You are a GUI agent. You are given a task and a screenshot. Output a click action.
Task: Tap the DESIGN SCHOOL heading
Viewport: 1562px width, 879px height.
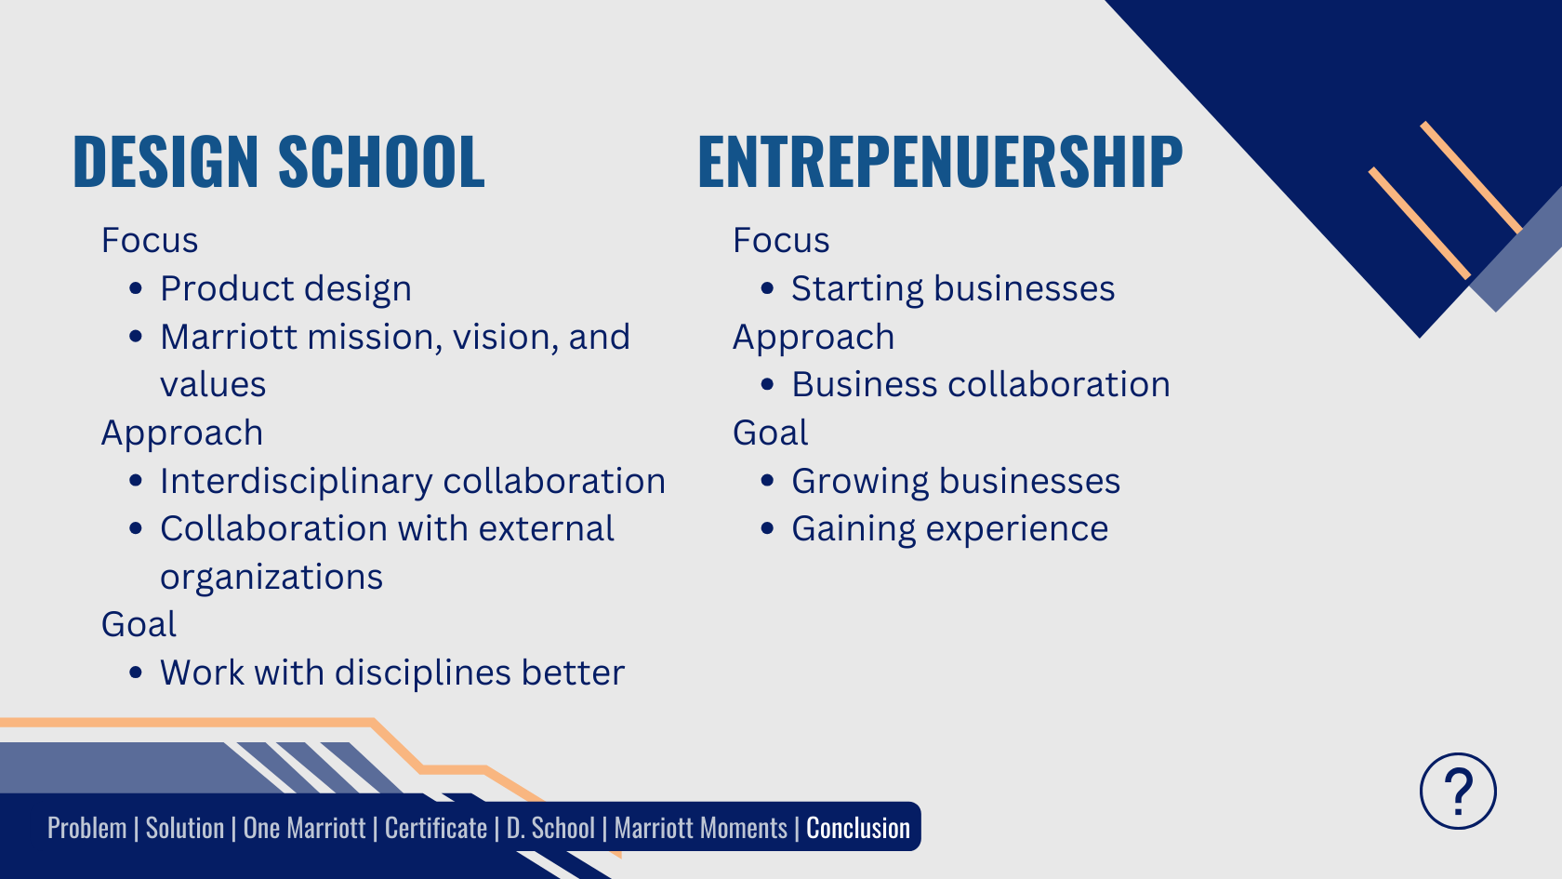[x=279, y=161]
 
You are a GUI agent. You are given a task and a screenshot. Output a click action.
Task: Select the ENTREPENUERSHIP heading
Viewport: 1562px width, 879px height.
[x=940, y=161]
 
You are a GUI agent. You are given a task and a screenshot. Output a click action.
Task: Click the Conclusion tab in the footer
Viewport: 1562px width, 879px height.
[x=858, y=828]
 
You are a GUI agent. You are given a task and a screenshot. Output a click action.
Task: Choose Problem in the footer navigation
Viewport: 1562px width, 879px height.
[x=87, y=828]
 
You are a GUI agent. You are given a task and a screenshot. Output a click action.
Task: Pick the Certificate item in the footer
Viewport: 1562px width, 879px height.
[x=436, y=828]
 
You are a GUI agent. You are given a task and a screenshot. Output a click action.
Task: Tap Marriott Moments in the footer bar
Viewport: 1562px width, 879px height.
[x=701, y=828]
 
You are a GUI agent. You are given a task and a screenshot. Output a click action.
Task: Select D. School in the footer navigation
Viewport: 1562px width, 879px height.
[x=550, y=828]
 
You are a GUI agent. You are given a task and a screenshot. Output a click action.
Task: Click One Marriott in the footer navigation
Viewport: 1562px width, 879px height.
[x=304, y=828]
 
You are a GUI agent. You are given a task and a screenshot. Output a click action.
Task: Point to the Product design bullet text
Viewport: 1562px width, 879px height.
[x=286, y=288]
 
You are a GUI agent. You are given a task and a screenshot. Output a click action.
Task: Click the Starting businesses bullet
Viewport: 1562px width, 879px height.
[x=953, y=288]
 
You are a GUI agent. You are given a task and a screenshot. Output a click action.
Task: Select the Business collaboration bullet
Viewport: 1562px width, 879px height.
[x=981, y=384]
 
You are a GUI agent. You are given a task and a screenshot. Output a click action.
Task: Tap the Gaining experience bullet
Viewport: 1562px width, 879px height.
[x=950, y=528]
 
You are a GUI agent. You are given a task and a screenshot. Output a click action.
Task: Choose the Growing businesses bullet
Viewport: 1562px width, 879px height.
[x=956, y=482]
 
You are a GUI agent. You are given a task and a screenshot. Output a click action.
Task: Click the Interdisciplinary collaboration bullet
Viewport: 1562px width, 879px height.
[x=413, y=482]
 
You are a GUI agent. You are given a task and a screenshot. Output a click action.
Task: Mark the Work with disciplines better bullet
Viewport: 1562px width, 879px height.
[x=392, y=673]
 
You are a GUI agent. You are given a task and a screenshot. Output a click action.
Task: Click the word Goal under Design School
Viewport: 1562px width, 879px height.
[x=139, y=624]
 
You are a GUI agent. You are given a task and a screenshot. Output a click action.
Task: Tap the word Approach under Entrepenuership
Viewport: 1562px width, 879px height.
[x=814, y=338]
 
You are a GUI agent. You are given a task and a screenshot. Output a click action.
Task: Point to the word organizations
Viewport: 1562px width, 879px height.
[x=271, y=578]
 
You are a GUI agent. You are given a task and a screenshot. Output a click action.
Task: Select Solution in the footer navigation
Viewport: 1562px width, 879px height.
[x=185, y=828]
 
